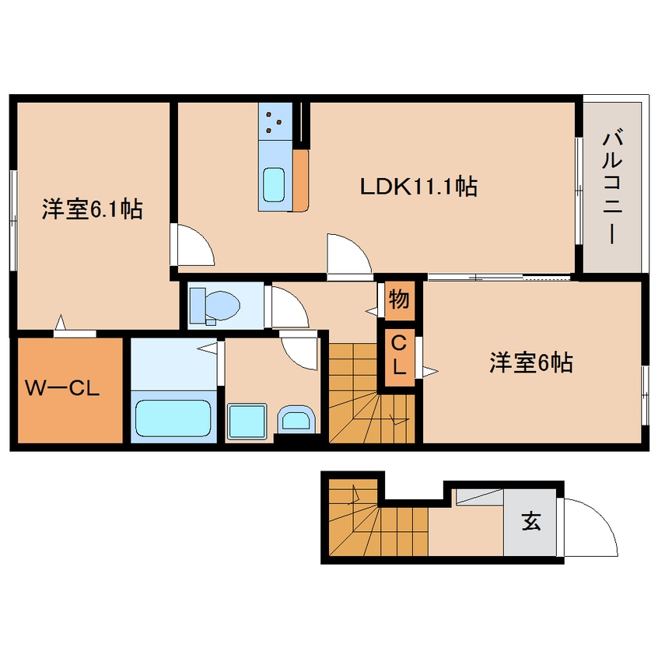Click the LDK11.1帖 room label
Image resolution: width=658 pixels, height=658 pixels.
(418, 186)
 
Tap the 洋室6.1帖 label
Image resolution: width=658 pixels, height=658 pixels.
(93, 209)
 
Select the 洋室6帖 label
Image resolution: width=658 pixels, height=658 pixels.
(531, 362)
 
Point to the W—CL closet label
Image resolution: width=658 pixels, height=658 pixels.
(62, 388)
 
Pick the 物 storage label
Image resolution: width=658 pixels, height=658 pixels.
(399, 299)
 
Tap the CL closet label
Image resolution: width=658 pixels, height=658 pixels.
(399, 356)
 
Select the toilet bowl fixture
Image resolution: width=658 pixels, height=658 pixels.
(215, 306)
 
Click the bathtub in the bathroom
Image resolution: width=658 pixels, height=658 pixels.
(173, 418)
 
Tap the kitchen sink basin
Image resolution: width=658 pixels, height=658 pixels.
(274, 185)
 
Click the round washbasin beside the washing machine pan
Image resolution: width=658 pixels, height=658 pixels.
(296, 418)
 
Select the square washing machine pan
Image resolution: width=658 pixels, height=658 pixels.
(247, 422)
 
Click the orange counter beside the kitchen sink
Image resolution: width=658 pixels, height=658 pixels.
(300, 180)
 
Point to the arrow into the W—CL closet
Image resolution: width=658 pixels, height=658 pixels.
(61, 322)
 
